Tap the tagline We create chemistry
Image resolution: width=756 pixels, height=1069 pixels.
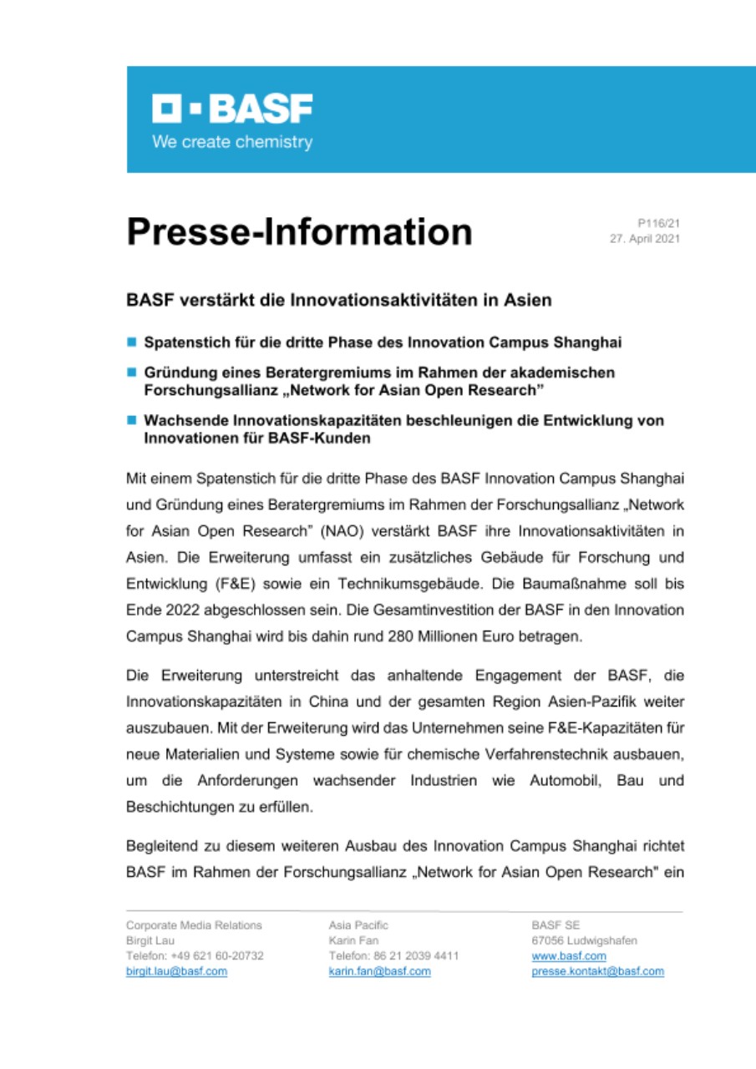[231, 142]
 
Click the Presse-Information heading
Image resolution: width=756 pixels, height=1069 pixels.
[299, 231]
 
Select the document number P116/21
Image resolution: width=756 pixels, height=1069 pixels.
[659, 224]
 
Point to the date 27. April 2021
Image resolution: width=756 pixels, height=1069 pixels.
[646, 238]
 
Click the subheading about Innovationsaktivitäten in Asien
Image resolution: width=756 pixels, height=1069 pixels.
[338, 300]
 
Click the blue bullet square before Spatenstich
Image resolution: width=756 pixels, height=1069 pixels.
[131, 342]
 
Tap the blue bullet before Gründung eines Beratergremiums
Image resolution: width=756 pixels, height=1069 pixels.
[131, 371]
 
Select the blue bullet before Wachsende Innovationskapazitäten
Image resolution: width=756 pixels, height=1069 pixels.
[131, 421]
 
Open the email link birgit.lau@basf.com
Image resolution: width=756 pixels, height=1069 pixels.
[176, 971]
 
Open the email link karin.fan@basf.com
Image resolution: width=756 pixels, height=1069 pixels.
[380, 971]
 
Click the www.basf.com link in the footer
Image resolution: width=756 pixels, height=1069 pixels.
[568, 956]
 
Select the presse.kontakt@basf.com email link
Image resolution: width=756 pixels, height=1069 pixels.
[597, 971]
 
